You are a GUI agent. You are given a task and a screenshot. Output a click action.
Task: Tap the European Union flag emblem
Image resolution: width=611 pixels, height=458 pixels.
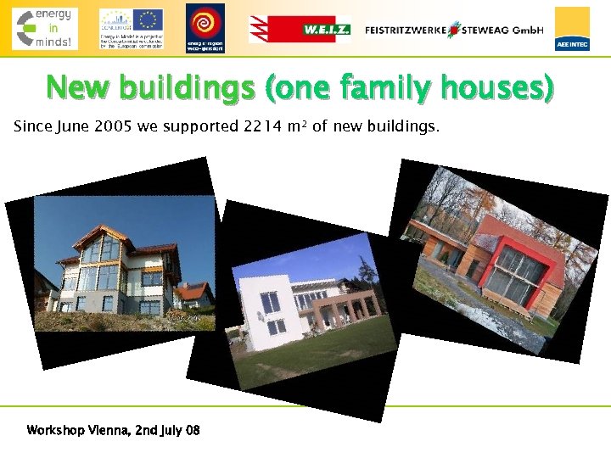[148, 20]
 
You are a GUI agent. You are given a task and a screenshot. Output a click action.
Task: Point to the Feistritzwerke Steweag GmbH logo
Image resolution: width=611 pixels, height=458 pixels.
[454, 29]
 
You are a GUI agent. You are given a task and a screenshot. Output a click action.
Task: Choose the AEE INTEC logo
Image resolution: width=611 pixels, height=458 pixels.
[572, 29]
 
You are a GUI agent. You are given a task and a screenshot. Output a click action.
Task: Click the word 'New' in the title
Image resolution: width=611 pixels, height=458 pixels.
[78, 87]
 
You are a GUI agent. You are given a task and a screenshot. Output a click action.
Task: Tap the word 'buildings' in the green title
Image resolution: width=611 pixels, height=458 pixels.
[187, 87]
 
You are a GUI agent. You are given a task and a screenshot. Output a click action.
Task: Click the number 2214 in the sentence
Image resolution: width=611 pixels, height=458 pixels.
[261, 127]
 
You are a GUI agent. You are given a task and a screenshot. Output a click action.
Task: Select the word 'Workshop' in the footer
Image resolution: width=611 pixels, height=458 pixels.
[55, 430]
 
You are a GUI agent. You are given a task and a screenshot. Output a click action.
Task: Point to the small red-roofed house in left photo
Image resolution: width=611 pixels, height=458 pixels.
[193, 295]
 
